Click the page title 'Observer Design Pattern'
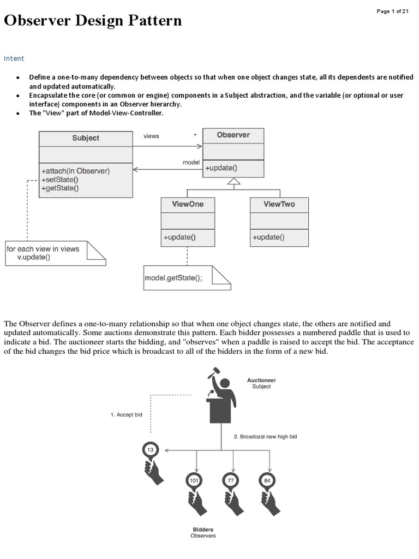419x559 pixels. [x=93, y=21]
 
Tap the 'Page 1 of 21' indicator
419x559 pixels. [x=393, y=11]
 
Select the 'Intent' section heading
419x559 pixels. [x=14, y=58]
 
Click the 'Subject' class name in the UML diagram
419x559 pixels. [x=86, y=138]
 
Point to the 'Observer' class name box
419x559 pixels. [x=233, y=135]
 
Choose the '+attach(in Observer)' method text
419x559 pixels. [x=75, y=171]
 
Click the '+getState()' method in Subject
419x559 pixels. [x=60, y=188]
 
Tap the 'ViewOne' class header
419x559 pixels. [x=188, y=204]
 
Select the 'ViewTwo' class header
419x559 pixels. [x=279, y=204]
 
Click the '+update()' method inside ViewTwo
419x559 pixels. [x=268, y=237]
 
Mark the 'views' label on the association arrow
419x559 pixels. [x=151, y=136]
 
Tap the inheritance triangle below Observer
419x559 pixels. [x=234, y=181]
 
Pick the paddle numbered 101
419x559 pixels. [x=194, y=480]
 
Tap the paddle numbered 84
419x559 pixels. [x=267, y=480]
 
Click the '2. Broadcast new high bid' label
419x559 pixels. [x=265, y=437]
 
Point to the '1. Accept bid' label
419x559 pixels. [x=126, y=415]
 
